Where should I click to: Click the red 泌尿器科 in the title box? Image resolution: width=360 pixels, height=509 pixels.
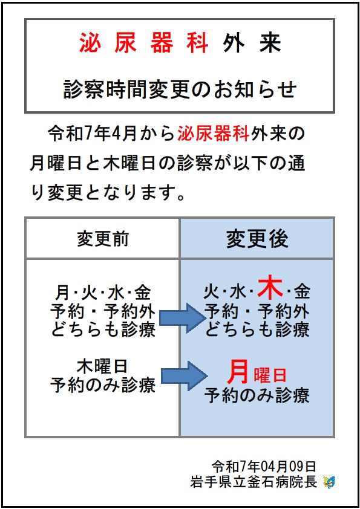pos(143,42)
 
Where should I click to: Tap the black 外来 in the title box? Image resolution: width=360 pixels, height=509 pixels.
pos(252,42)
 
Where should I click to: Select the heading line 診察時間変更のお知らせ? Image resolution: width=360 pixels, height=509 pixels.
pos(180,89)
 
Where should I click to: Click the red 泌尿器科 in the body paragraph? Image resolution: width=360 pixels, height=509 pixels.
pos(214,134)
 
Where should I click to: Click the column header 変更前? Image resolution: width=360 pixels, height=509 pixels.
pos(103,239)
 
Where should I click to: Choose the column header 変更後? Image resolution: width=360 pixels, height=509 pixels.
pos(257,239)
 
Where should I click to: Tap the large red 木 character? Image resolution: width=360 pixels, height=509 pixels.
pos(270,288)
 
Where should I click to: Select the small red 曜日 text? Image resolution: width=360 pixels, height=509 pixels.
pos(270,375)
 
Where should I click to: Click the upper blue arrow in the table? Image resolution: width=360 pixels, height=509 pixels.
pos(182,318)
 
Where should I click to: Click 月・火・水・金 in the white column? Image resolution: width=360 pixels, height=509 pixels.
pos(103,293)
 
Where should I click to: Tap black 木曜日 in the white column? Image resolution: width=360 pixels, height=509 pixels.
pos(102,366)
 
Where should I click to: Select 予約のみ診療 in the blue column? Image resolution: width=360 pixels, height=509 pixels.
pos(257,395)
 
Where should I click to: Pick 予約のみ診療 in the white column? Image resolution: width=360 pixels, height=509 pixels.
pos(103,385)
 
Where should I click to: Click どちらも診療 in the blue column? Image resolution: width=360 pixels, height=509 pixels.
pos(257,329)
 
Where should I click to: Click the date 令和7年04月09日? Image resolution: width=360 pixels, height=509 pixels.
pos(264,467)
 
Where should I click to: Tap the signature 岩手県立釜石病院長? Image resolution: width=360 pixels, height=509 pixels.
pos(254,482)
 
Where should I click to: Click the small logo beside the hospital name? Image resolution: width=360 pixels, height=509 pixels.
pos(330,482)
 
